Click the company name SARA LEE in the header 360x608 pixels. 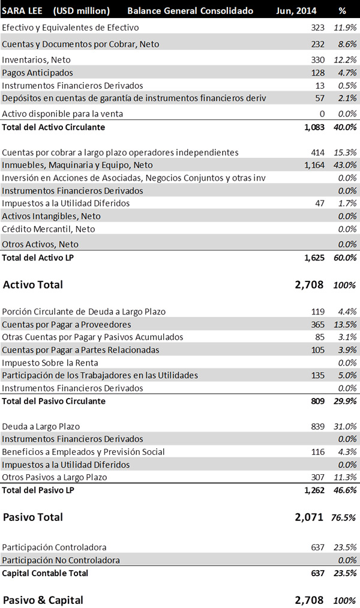pos(22,10)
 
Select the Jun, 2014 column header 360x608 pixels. pos(296,11)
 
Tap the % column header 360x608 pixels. pos(342,11)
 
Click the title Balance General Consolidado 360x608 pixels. pos(190,10)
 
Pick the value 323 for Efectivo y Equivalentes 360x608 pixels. pos(318,28)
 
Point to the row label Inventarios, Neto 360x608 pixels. pos(37,59)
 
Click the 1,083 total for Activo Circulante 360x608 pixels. pos(314,127)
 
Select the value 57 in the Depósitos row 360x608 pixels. pos(320,98)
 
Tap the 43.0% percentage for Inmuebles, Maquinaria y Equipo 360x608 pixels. pos(345,165)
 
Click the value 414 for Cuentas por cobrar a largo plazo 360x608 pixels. pos(318,152)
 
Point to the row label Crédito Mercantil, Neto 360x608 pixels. pos(49,229)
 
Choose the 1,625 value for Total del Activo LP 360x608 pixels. pos(314,257)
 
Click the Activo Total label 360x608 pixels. pos(33,284)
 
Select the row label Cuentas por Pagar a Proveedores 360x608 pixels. pos(67,325)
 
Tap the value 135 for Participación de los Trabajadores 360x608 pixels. pos(318,375)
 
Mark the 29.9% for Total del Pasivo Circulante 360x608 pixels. pos(345,401)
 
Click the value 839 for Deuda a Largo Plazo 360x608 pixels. pos(318,427)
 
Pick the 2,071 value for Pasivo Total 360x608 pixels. pos(309,517)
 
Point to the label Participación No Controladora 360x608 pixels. pos(61,560)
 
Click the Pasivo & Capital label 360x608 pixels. pos(43,600)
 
